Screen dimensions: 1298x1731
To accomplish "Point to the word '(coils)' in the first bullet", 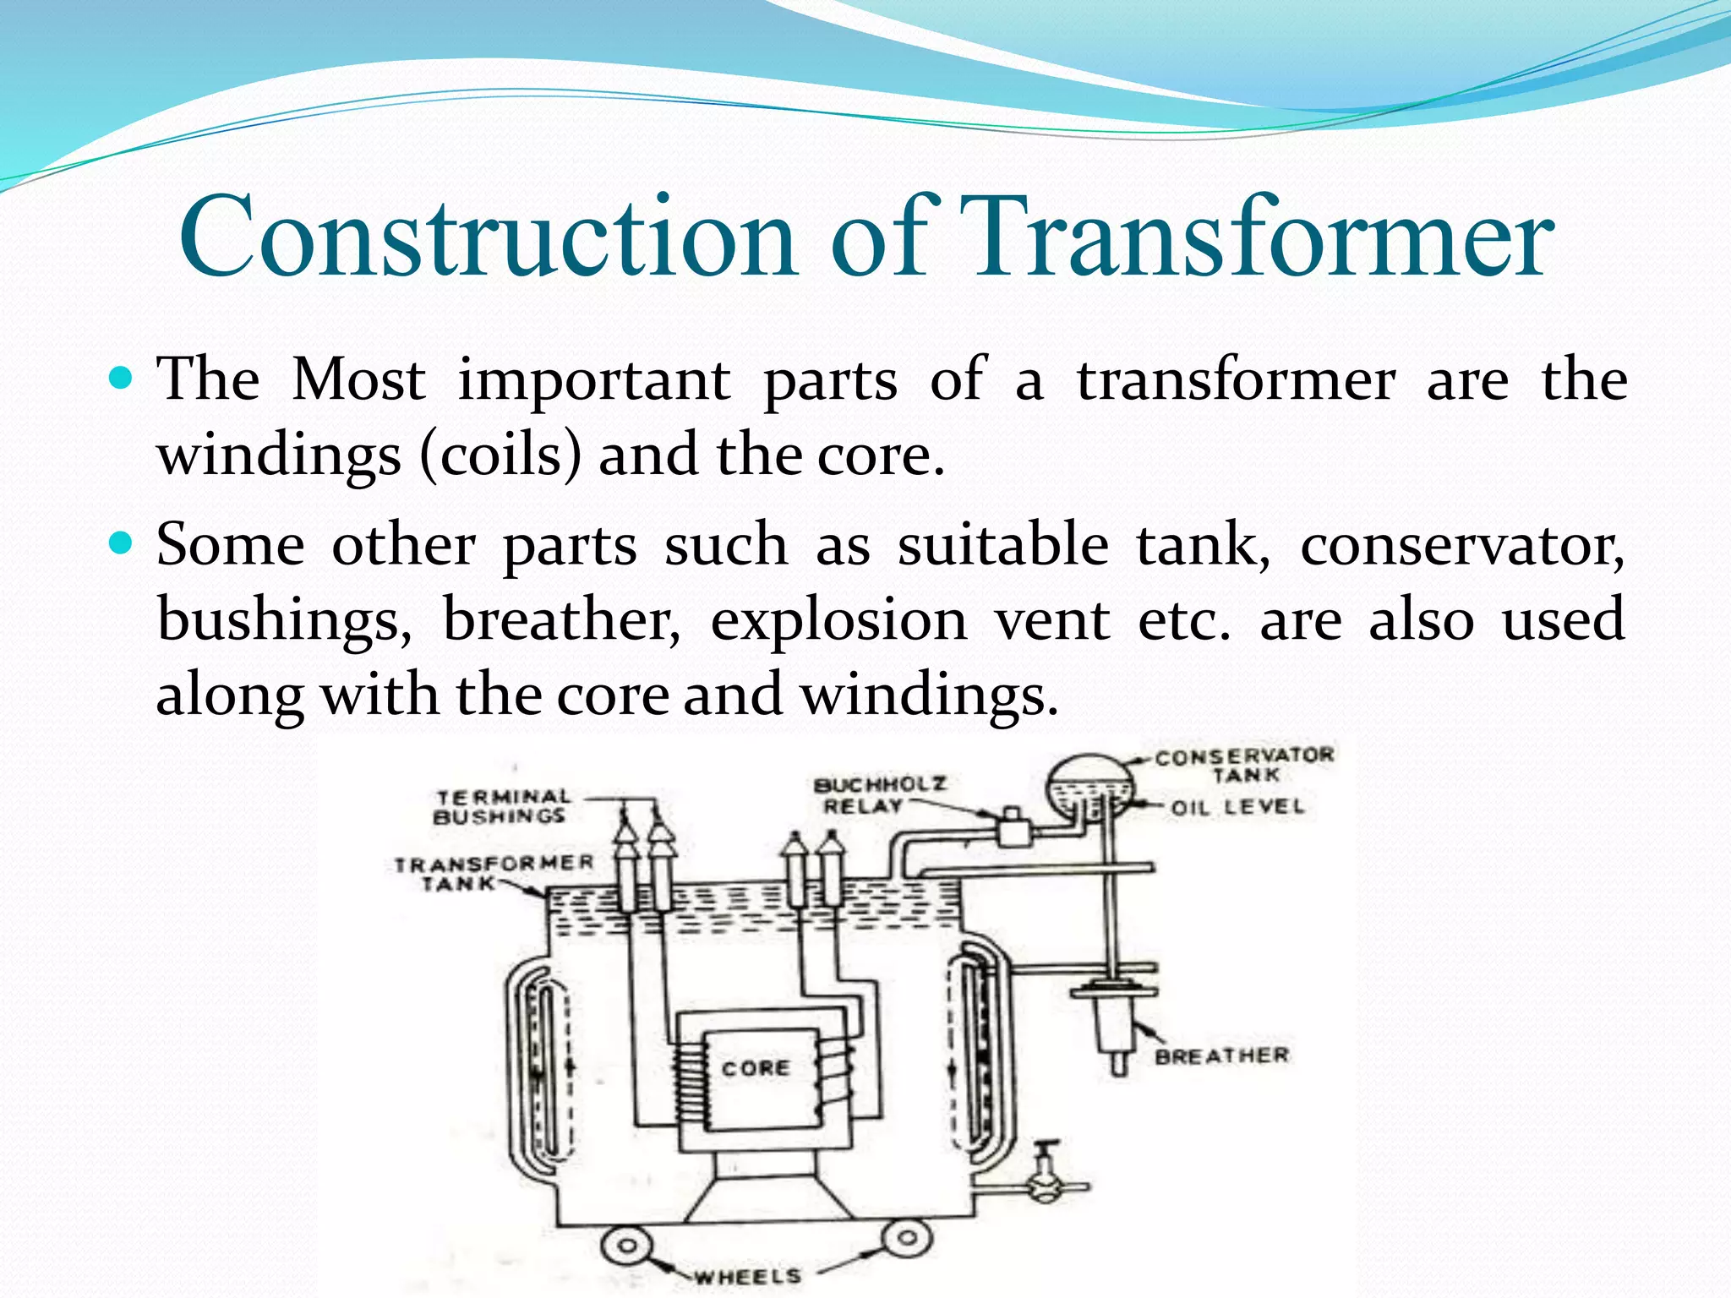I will (x=502, y=455).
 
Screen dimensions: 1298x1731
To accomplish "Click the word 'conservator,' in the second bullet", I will (x=1461, y=545).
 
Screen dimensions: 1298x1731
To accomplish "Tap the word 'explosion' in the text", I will (x=838, y=619).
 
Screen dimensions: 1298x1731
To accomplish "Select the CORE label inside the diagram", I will (x=756, y=1068).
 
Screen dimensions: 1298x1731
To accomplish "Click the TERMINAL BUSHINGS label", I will (x=502, y=806).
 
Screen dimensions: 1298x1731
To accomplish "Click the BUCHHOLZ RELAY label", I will (x=879, y=794).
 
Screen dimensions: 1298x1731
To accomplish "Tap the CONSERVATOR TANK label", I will (x=1244, y=765).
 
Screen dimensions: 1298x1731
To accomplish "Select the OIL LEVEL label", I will (x=1237, y=807).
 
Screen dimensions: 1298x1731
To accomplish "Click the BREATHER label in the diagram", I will (x=1221, y=1055).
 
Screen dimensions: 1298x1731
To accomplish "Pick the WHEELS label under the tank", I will (x=747, y=1275).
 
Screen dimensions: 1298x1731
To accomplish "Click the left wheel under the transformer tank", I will (x=627, y=1246).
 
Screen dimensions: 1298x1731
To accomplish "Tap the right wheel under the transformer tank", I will (x=907, y=1239).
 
